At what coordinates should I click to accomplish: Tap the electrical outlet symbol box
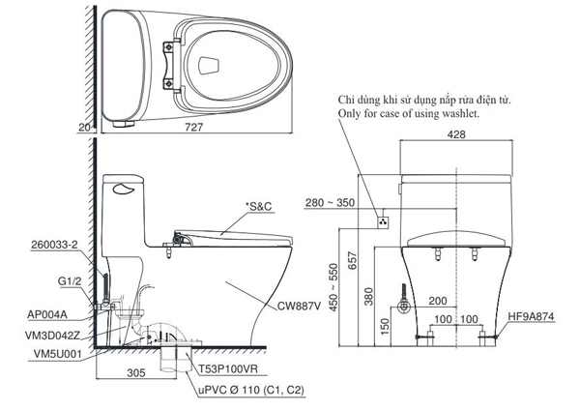coord(383,222)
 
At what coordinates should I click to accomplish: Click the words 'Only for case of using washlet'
coord(407,114)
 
